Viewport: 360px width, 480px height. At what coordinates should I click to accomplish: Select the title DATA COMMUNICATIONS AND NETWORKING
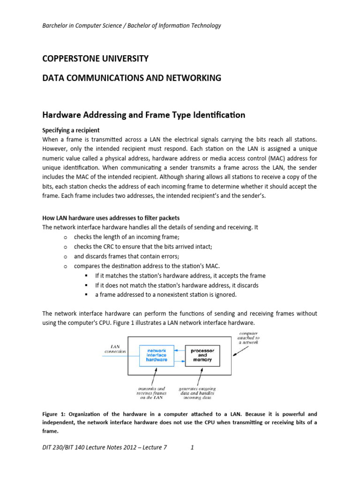coord(131,78)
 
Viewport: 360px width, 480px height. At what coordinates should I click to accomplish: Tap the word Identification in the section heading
coord(217,115)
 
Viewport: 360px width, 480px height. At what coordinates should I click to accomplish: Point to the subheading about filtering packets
coord(111,218)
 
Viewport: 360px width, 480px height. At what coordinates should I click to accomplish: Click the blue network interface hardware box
coord(157,355)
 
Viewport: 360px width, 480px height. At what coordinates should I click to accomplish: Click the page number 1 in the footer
coord(192,447)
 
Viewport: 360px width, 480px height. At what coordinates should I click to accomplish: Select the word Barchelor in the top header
coord(56,25)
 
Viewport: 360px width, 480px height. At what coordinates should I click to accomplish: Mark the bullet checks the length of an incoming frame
coord(127,237)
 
